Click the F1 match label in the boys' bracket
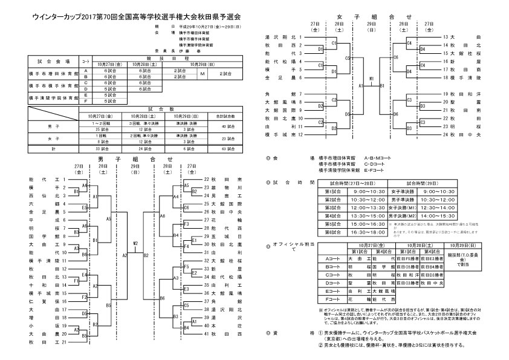point(76,281)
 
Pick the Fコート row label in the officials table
point(331,298)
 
